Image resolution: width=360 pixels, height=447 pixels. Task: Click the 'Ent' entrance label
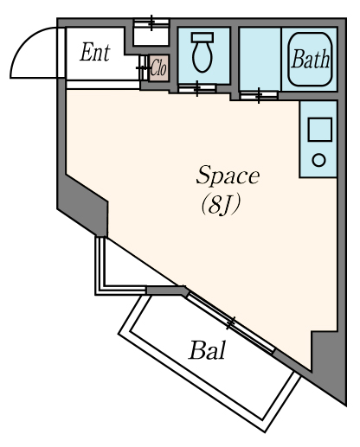95,53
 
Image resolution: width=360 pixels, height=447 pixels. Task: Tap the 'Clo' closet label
158,68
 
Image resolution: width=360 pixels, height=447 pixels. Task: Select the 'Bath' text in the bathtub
310,59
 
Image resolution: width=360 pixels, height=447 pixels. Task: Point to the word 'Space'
228,176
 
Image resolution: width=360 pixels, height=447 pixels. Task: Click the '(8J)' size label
221,206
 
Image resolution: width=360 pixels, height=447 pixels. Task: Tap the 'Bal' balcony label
207,350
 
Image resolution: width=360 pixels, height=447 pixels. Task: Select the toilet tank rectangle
202,37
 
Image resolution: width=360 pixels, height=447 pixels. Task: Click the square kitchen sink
320,130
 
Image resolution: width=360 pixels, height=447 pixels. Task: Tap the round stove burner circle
318,160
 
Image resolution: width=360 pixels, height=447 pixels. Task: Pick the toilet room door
197,88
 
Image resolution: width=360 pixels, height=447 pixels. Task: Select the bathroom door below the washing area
259,95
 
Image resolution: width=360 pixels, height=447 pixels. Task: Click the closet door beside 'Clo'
142,68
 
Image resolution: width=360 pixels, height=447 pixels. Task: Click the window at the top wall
151,22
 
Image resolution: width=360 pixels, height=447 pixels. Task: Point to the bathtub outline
310,60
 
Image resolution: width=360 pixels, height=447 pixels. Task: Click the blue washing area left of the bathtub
260,59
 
